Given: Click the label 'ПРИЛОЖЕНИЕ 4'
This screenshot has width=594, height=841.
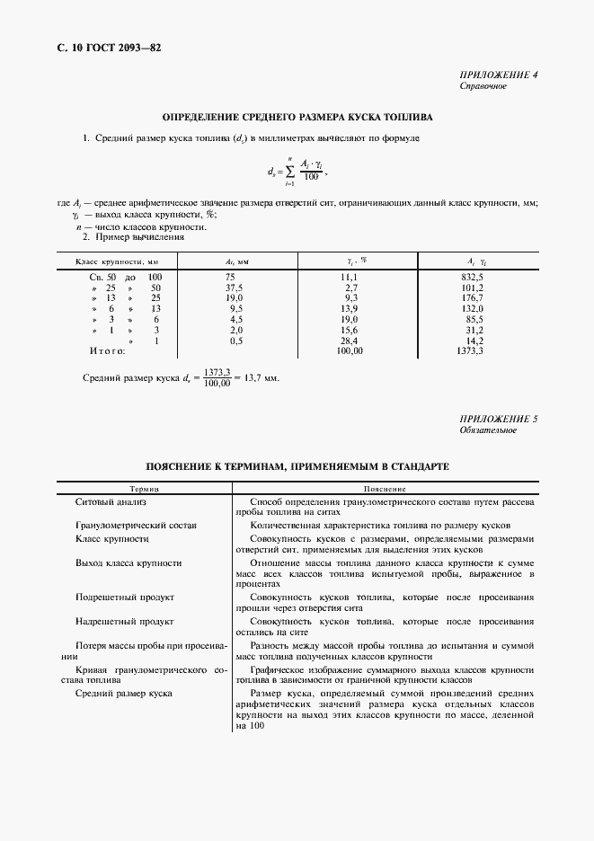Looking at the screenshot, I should [498, 75].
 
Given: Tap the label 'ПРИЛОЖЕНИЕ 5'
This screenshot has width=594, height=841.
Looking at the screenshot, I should [498, 419].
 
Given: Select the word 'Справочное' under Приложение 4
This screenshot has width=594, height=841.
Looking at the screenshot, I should [483, 86].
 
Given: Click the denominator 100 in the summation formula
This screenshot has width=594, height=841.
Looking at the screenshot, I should [311, 176].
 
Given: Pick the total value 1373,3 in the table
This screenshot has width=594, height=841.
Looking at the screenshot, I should [471, 350].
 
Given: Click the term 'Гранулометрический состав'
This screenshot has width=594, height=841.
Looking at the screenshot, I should [136, 525].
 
